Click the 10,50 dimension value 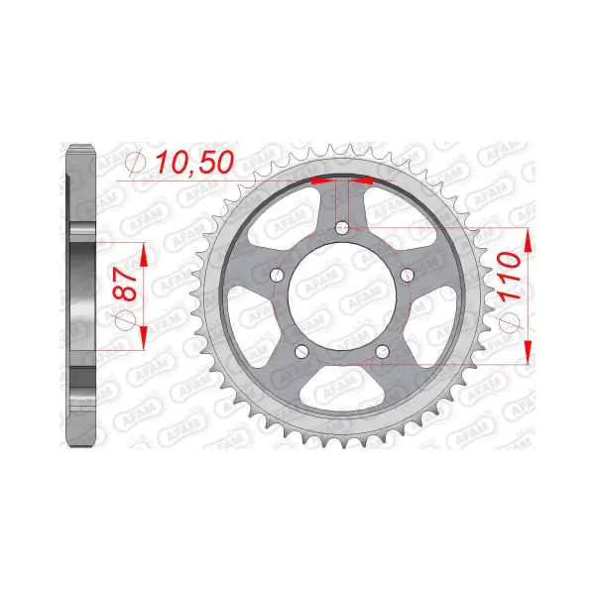(194, 163)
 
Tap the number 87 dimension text (125, 284)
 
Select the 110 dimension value (511, 277)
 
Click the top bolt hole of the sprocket (342, 228)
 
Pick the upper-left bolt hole (277, 275)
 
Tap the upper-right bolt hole (408, 275)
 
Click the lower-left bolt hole (301, 352)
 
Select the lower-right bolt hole (383, 352)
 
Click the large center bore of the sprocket (342, 297)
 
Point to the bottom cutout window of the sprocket (342, 388)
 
